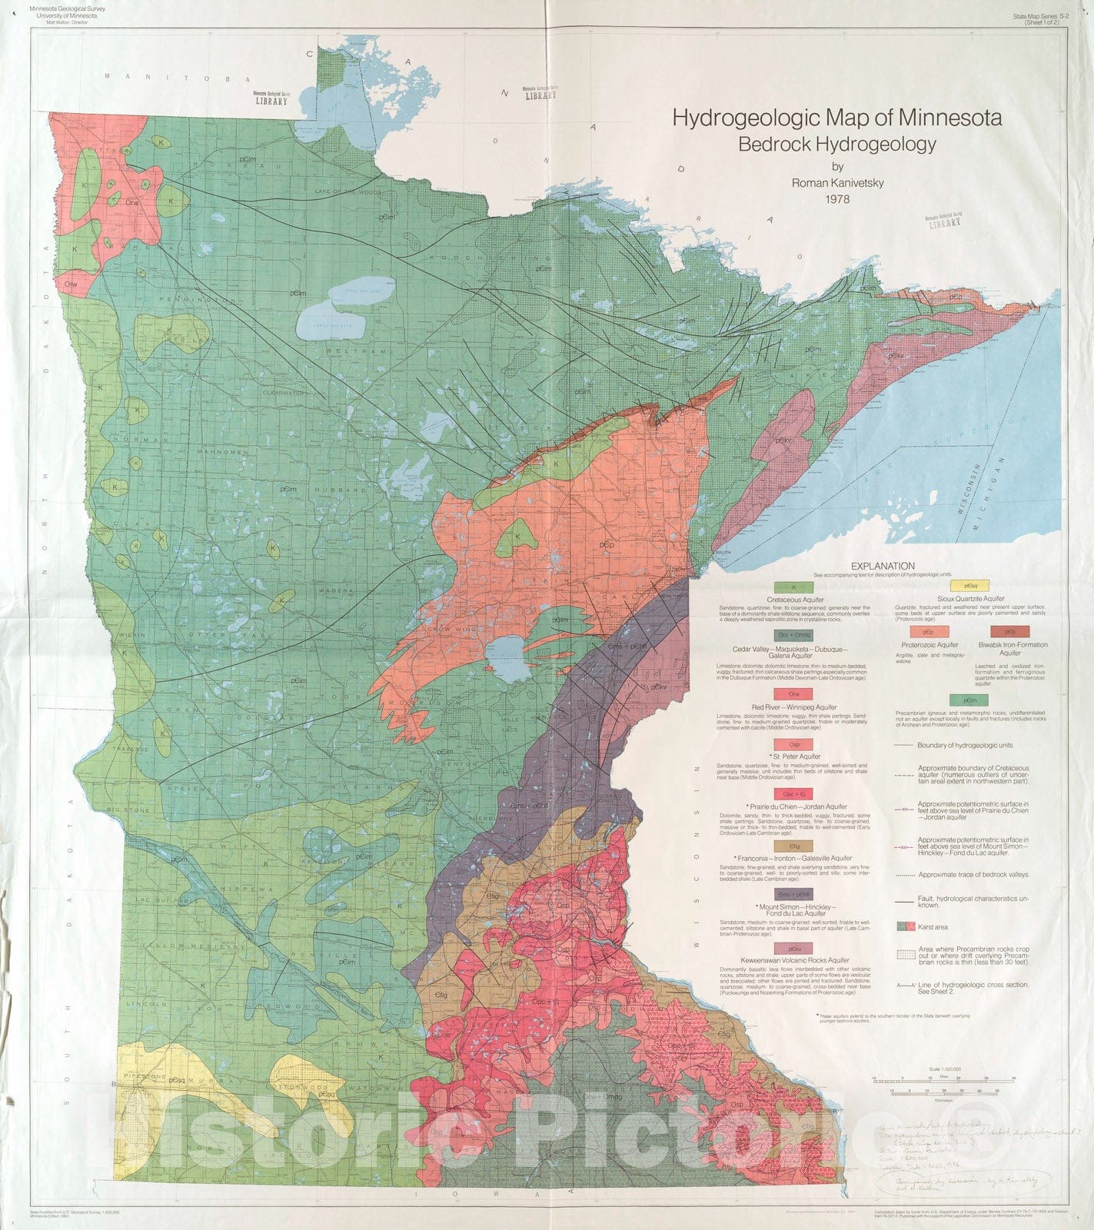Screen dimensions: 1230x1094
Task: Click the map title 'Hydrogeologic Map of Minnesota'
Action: click(836, 118)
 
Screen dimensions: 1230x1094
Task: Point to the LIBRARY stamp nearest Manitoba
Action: click(272, 98)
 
